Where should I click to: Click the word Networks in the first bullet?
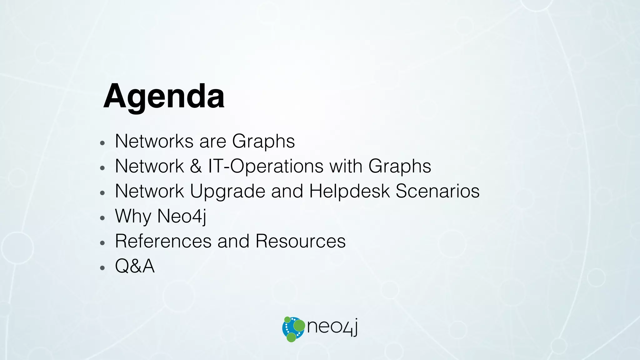[x=154, y=141]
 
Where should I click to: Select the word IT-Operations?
[x=266, y=166]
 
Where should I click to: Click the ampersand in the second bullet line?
[x=196, y=166]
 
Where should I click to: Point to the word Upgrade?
[x=227, y=192]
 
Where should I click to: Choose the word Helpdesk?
[x=349, y=191]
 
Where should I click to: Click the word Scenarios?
[x=437, y=191]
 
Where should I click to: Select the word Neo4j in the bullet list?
[x=182, y=216]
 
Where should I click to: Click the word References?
[x=163, y=241]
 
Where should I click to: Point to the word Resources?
[x=300, y=241]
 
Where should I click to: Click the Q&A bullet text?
[x=135, y=266]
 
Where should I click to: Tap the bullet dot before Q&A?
[x=102, y=268]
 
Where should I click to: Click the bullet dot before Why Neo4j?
[x=102, y=218]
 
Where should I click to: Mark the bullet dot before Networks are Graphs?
[x=102, y=143]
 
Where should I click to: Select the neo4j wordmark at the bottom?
[x=332, y=327]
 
